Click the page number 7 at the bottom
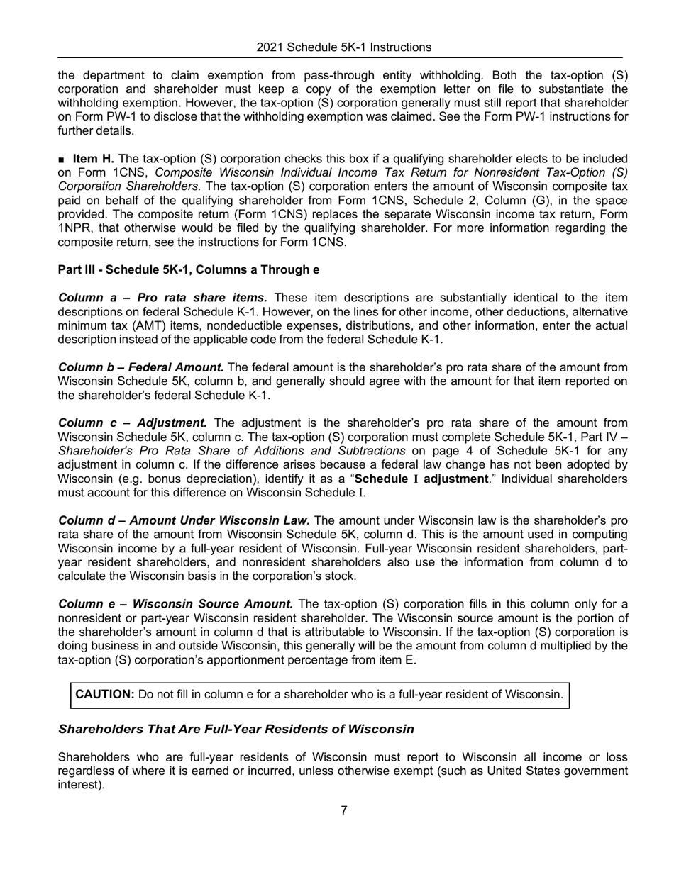click(343, 810)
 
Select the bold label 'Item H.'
click(93, 159)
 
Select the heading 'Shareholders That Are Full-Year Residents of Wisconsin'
click(236, 729)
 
